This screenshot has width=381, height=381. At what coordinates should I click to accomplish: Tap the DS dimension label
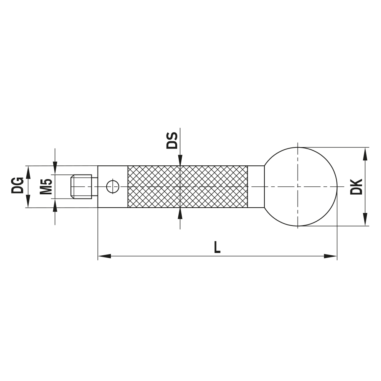pyautogui.click(x=172, y=141)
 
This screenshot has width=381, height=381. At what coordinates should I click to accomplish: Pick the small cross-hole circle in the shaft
pyautogui.click(x=113, y=187)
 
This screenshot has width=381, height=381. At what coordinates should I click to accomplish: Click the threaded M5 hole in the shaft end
pyautogui.click(x=82, y=186)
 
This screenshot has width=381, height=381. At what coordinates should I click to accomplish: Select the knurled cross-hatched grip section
pyautogui.click(x=187, y=187)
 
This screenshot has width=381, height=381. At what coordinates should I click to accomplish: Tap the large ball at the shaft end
pyautogui.click(x=301, y=187)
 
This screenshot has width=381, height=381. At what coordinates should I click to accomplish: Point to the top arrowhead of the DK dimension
pyautogui.click(x=365, y=153)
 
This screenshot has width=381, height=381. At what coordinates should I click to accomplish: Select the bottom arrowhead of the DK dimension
pyautogui.click(x=365, y=220)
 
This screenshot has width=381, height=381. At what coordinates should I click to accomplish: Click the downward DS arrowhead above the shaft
pyautogui.click(x=180, y=161)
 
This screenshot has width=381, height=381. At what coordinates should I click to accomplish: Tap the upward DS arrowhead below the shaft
pyautogui.click(x=180, y=213)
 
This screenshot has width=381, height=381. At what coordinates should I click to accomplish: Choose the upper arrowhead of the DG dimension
pyautogui.click(x=27, y=172)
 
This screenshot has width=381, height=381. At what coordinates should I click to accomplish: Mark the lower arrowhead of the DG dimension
pyautogui.click(x=27, y=202)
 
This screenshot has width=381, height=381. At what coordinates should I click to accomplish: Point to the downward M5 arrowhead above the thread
pyautogui.click(x=55, y=168)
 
